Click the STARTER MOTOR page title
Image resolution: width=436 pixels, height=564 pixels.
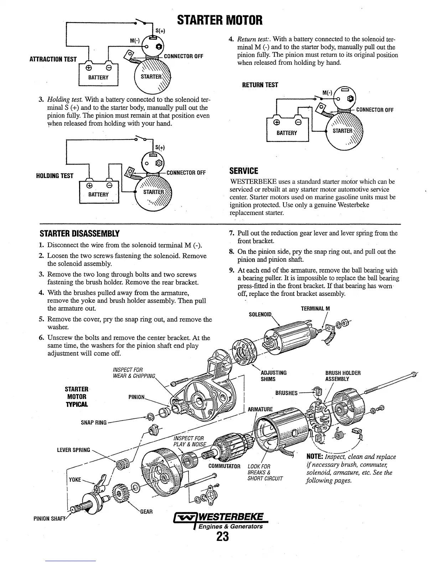(x=220, y=20)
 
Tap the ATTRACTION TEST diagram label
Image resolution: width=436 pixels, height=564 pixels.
(x=53, y=59)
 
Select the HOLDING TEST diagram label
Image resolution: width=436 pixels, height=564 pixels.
(x=54, y=176)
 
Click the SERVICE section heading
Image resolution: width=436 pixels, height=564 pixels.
(x=244, y=171)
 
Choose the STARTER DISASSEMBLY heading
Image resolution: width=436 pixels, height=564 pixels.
(x=79, y=234)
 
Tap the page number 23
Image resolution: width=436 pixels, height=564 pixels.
(x=222, y=536)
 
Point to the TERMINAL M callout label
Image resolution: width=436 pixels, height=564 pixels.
(x=315, y=309)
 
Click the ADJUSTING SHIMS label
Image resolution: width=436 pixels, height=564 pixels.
(x=274, y=376)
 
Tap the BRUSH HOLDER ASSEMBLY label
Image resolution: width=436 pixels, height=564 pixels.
(x=343, y=376)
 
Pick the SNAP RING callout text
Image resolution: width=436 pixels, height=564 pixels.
(x=94, y=423)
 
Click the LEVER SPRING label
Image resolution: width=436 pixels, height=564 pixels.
(x=73, y=450)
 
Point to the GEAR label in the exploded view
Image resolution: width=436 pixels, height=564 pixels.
(x=146, y=512)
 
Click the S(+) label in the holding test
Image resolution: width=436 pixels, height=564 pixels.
(x=160, y=147)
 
